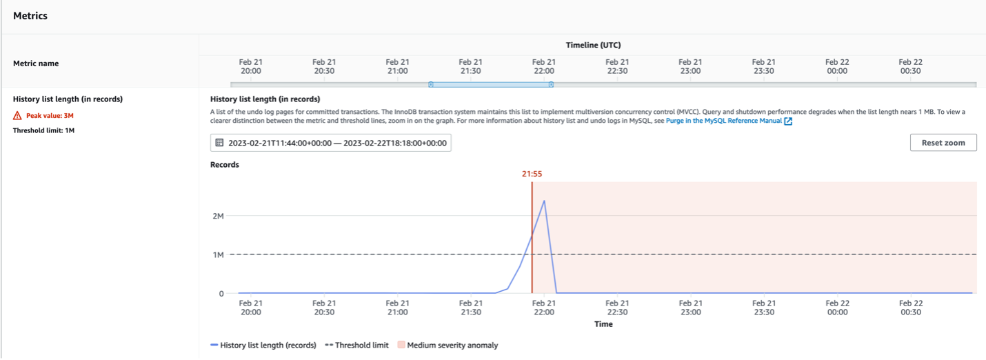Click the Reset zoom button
pos(943,143)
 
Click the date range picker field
pos(331,143)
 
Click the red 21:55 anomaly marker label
pos(532,174)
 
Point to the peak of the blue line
pos(544,201)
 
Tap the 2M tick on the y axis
pos(218,216)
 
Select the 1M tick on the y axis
pos(218,254)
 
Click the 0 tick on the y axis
pos(221,294)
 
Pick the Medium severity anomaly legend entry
pos(452,345)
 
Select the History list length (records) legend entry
pos(268,345)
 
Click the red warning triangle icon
pos(17,116)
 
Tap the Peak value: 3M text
pos(50,116)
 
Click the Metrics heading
pos(30,15)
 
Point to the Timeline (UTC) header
pos(593,45)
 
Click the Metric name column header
pos(36,63)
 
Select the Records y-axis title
pos(225,165)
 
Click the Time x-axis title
pos(603,323)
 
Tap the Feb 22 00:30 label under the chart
pos(910,307)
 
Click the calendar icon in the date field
pos(219,143)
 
